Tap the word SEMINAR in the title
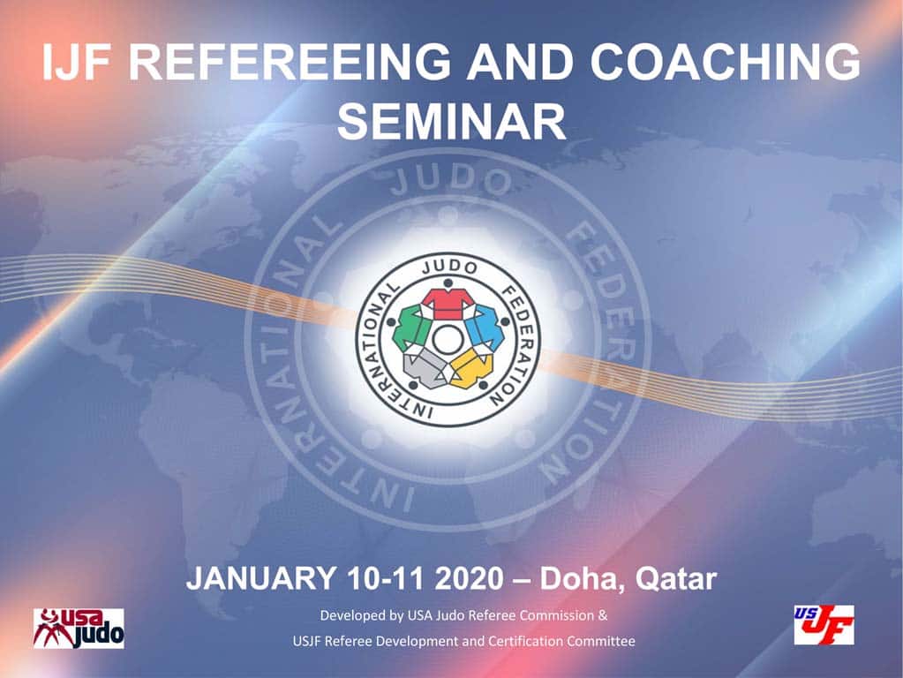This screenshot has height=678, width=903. tap(451, 123)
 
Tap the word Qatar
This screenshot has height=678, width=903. tap(673, 580)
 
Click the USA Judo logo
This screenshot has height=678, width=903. tap(79, 628)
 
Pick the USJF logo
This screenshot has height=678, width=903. tap(824, 624)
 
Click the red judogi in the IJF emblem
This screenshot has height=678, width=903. tap(447, 303)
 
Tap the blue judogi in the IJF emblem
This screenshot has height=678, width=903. tap(482, 328)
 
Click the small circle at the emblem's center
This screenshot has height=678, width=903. tap(447, 337)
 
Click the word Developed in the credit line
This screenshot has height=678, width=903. tap(348, 614)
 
